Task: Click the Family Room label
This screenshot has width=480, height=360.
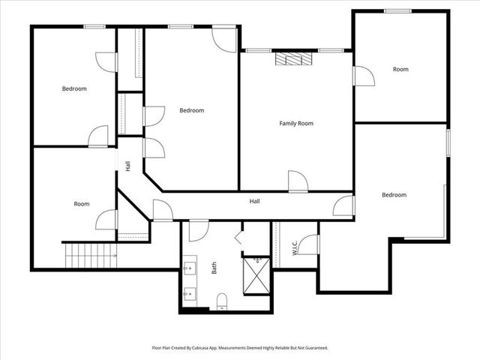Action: [296, 123]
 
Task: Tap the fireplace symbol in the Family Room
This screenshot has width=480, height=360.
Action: [292, 60]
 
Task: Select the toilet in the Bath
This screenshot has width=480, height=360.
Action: [221, 301]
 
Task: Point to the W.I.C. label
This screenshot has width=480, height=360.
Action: [295, 247]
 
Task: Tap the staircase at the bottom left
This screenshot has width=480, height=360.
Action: [88, 256]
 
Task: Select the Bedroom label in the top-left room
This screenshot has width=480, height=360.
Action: [74, 88]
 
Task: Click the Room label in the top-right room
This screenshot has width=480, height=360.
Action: [400, 69]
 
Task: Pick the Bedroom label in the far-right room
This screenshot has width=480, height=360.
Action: [394, 195]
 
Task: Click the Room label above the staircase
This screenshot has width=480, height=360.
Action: [82, 204]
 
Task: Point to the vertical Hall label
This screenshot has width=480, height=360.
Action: [128, 166]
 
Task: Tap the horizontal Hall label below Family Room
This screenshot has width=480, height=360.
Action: [255, 201]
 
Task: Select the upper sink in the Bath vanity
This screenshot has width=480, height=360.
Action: [188, 265]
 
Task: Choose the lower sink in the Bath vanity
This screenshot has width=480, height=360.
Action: [188, 293]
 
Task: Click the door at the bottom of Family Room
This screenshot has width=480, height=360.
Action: [297, 181]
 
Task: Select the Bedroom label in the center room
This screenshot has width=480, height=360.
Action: [191, 110]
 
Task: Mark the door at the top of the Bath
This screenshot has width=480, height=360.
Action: [198, 230]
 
